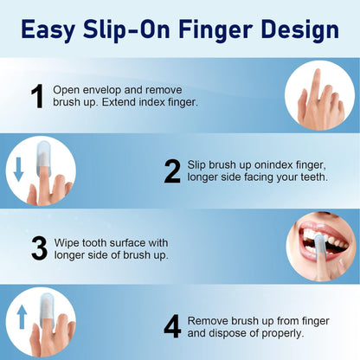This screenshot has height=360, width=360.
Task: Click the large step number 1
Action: tap(37, 96)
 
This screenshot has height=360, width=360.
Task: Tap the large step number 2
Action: tap(172, 171)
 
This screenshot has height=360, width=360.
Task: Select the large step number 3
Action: tap(39, 247)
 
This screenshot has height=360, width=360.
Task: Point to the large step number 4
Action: tap(172, 326)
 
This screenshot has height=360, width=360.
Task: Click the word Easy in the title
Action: tap(56, 30)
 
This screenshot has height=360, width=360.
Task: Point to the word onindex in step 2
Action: tap(276, 164)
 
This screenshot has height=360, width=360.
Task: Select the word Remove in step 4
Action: tap(209, 319)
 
